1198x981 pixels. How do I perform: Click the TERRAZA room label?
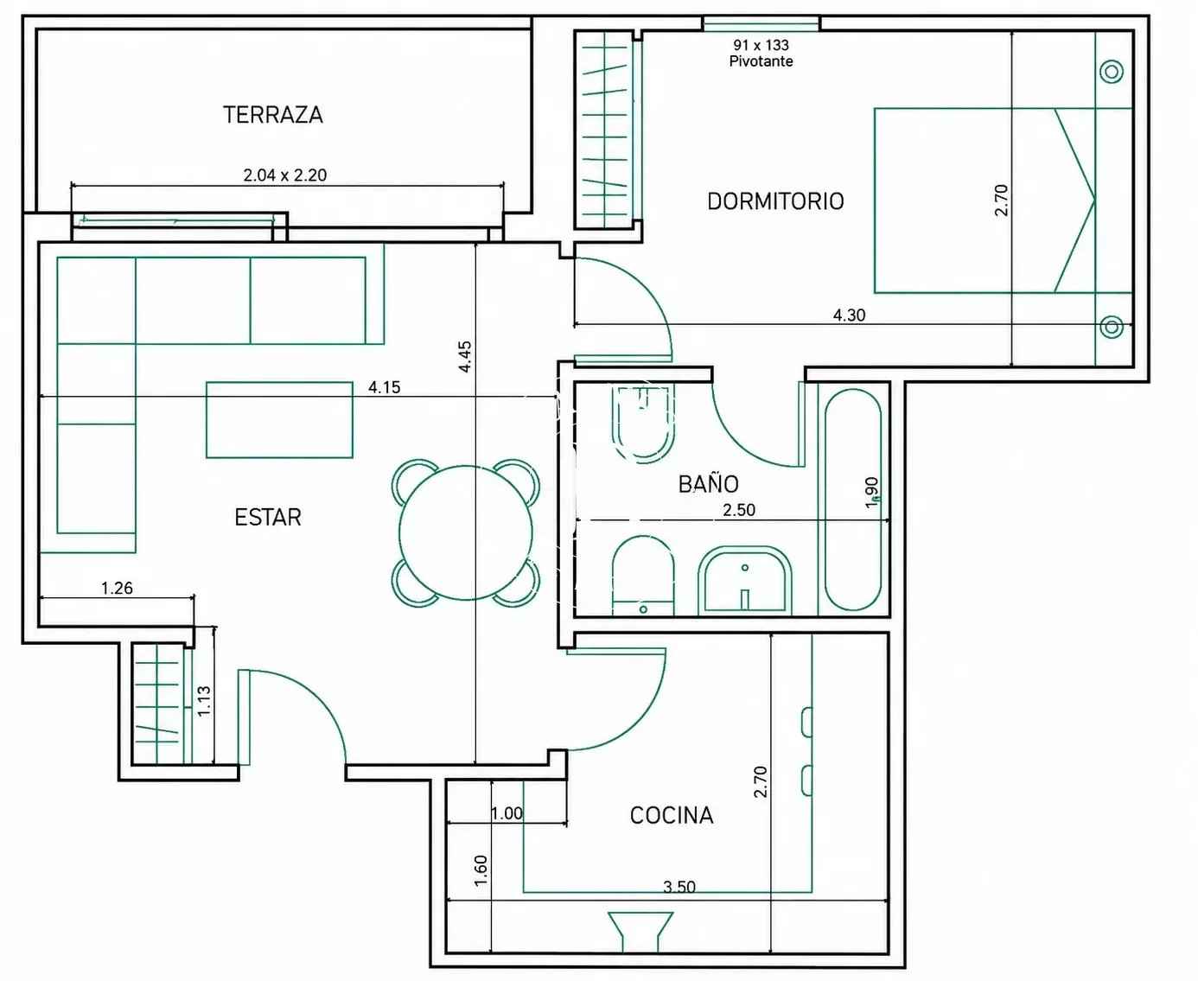272,115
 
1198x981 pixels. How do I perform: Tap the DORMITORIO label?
775,201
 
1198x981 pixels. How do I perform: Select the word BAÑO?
709,483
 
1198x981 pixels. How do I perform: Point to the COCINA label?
672,815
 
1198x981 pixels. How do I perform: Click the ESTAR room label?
268,517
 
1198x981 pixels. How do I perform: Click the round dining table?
466,532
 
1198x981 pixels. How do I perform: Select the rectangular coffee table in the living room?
279,420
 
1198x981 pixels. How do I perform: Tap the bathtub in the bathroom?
853,500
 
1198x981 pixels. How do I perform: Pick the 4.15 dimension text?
384,387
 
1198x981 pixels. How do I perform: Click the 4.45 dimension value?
465,356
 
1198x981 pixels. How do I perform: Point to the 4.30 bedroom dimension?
849,315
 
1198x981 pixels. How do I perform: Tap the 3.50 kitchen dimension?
679,886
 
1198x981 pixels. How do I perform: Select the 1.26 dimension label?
117,588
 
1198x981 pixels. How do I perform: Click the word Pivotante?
761,61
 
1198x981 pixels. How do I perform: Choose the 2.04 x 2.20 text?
285,175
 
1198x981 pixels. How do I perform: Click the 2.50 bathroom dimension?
739,510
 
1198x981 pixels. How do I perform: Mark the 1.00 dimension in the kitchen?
507,813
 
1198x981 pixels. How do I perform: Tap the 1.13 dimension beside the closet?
203,701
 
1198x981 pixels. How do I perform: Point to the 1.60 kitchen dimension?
481,870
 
